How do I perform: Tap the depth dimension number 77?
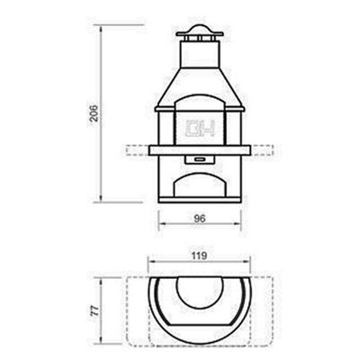94,311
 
